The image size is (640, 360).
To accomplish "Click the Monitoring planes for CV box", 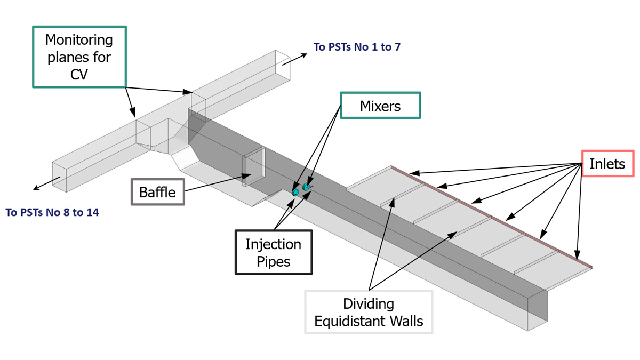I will click(x=78, y=57).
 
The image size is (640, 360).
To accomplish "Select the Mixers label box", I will click(x=380, y=106).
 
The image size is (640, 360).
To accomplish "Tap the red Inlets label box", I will click(x=607, y=164).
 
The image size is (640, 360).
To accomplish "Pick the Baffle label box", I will click(x=157, y=192).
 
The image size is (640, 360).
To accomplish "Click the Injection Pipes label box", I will click(x=273, y=252).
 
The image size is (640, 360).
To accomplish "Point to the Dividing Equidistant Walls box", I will click(x=369, y=313).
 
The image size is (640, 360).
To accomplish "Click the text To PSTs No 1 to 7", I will click(x=357, y=47).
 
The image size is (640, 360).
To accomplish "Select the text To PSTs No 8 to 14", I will click(x=52, y=213).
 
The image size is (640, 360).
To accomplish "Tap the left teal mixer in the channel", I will click(x=295, y=191).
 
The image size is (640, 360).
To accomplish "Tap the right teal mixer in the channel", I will click(x=306, y=187).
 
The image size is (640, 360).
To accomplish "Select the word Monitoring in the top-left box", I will click(x=78, y=40).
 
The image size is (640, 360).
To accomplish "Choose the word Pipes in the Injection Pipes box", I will click(x=273, y=261).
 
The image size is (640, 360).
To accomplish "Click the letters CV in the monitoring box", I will click(x=78, y=74).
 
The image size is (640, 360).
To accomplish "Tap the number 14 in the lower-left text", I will click(x=92, y=213).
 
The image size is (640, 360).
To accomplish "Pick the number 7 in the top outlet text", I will click(x=397, y=47).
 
